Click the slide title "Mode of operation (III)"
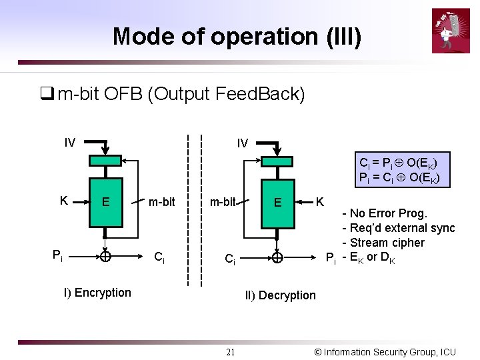pyautogui.click(x=237, y=36)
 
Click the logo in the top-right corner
pyautogui.click(x=450, y=31)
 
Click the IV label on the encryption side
pyautogui.click(x=70, y=142)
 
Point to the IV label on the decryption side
pyautogui.click(x=243, y=143)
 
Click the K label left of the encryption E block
pyautogui.click(x=63, y=201)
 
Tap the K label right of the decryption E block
pyautogui.click(x=320, y=201)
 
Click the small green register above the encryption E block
pyautogui.click(x=105, y=161)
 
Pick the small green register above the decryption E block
pyautogui.click(x=277, y=161)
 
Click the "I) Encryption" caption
pyautogui.click(x=97, y=293)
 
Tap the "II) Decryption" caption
pyautogui.click(x=280, y=295)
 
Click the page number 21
pyautogui.click(x=230, y=353)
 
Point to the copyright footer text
pyautogui.click(x=385, y=352)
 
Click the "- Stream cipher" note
pyautogui.click(x=383, y=243)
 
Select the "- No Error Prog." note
pyautogui.click(x=385, y=213)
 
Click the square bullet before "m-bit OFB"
pyautogui.click(x=46, y=94)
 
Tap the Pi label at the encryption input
pyautogui.click(x=59, y=255)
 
